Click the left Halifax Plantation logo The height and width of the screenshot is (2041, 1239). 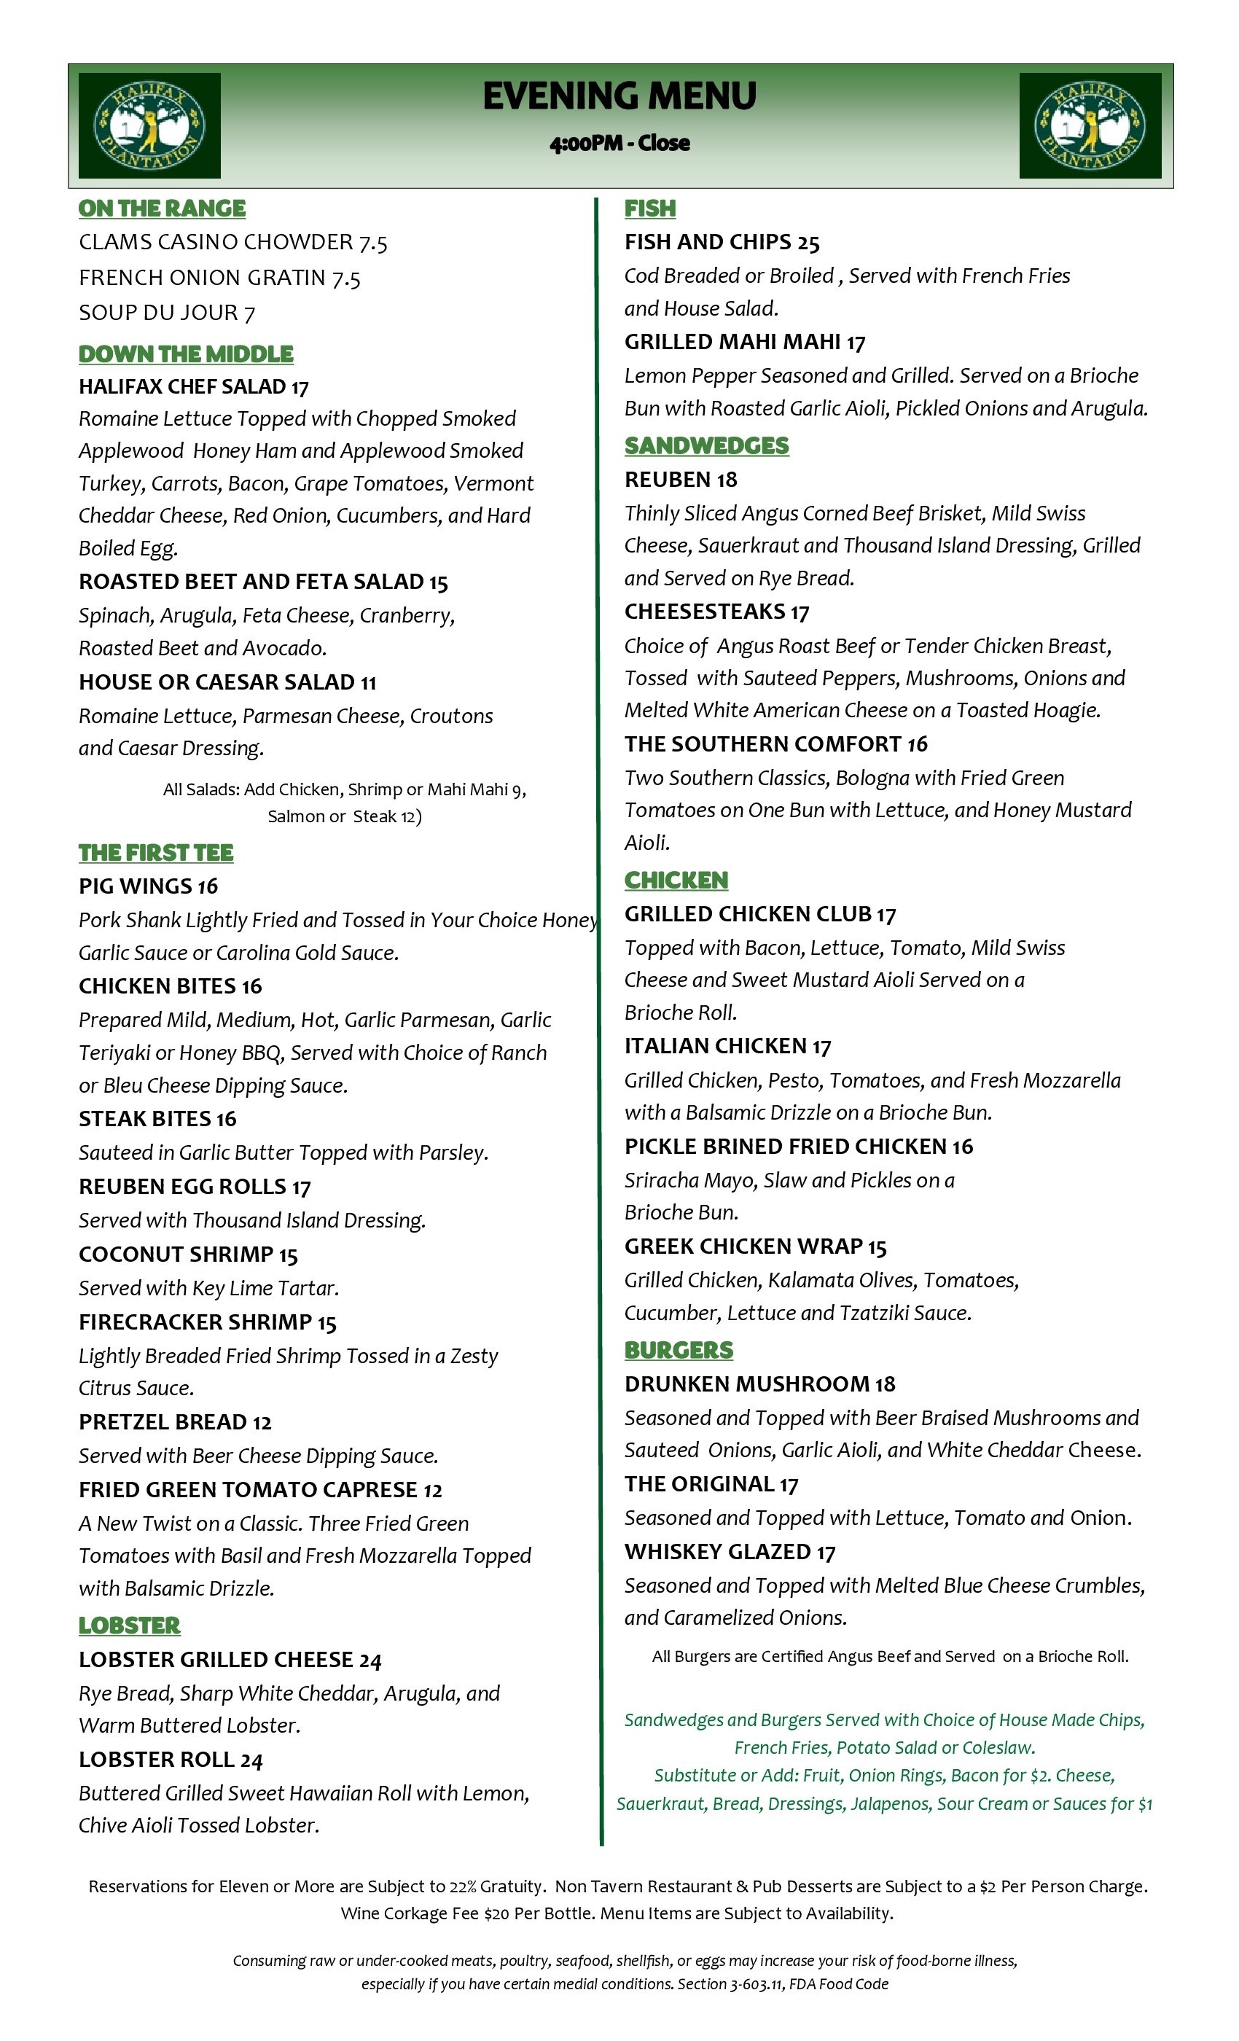click(x=149, y=125)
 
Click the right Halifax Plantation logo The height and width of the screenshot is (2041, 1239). click(x=1090, y=125)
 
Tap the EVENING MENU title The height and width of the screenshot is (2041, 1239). click(x=619, y=96)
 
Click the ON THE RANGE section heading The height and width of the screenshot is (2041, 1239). click(x=163, y=208)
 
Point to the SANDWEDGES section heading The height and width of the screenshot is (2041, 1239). click(x=706, y=445)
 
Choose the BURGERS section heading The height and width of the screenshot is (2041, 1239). click(x=679, y=1350)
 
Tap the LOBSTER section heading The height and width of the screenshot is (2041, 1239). click(x=129, y=1626)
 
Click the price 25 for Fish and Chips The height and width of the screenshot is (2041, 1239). click(x=808, y=243)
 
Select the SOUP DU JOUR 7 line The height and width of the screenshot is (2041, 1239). click(x=166, y=313)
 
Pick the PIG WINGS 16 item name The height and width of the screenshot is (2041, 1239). click(x=148, y=886)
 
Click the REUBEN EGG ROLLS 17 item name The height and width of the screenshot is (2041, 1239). click(x=195, y=1187)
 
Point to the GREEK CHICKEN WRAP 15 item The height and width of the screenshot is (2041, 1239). click(x=755, y=1246)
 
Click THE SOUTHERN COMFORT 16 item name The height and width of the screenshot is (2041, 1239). click(x=776, y=744)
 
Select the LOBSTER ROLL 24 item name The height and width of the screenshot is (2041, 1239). click(x=171, y=1760)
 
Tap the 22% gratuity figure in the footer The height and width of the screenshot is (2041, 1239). click(x=463, y=1886)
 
